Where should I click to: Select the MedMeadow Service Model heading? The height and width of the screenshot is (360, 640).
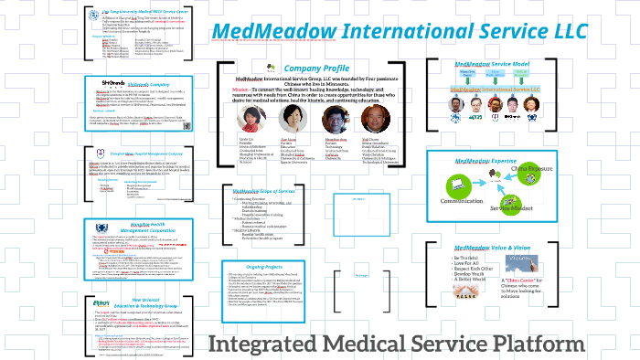(x=494, y=66)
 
